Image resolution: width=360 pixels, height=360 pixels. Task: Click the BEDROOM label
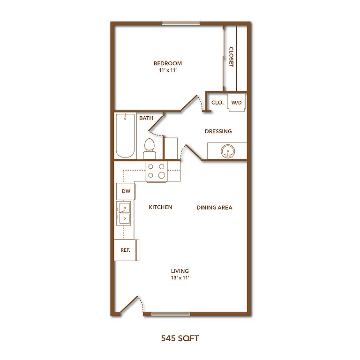point(168,63)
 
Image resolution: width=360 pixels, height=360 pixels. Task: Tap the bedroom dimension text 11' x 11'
point(168,70)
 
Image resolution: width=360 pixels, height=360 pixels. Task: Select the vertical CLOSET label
point(231,57)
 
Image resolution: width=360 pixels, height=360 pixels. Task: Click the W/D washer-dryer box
point(236,102)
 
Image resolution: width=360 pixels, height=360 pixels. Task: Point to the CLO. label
point(217,103)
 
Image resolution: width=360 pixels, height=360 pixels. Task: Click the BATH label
point(146,118)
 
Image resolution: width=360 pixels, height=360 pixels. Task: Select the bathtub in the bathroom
point(125,135)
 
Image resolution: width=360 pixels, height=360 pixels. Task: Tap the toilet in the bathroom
point(149,149)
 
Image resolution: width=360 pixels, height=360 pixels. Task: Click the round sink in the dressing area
point(228,151)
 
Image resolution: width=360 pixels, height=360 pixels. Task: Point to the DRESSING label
point(218,131)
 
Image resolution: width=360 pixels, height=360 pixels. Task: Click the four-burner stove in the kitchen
point(157,172)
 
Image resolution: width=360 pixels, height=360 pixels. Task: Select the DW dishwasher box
point(126,191)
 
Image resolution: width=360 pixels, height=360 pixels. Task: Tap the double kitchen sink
point(124,213)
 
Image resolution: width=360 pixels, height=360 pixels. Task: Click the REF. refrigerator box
point(126,250)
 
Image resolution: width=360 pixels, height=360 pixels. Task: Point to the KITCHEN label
point(160,207)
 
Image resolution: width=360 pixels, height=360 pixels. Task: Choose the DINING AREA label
point(214,208)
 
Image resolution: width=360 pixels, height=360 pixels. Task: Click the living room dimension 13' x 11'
point(180,278)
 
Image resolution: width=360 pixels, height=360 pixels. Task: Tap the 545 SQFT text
point(180,338)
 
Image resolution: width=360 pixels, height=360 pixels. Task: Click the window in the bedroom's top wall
point(181,23)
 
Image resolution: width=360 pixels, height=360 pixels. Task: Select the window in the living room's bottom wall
point(171,314)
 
